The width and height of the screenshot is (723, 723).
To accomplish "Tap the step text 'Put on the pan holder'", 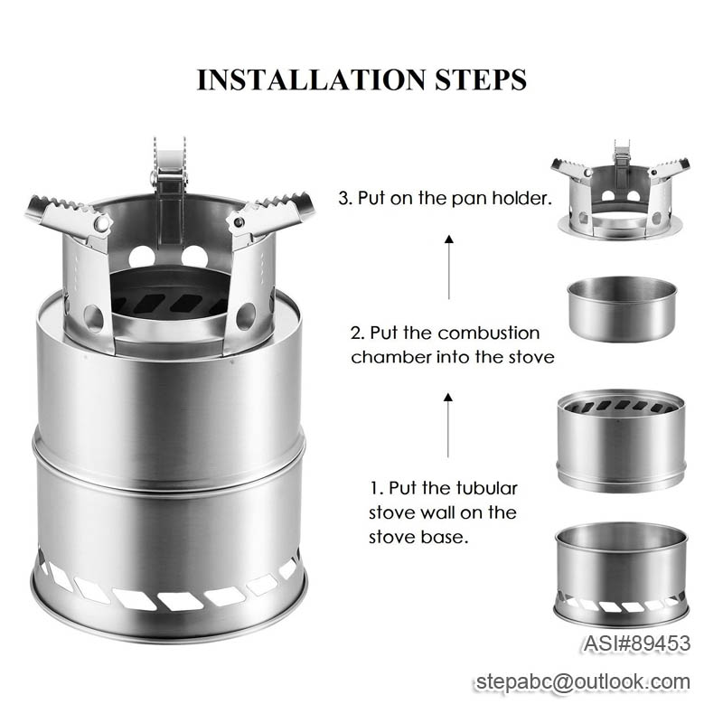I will tap(452, 199).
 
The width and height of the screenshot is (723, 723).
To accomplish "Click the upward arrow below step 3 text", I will tap(449, 268).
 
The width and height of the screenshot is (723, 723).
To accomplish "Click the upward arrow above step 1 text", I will tap(449, 424).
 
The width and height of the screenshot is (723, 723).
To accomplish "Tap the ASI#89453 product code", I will tap(636, 643).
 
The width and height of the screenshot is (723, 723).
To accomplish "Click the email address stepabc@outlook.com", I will tap(583, 682).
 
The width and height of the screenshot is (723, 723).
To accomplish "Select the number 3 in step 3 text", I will tap(343, 199).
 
